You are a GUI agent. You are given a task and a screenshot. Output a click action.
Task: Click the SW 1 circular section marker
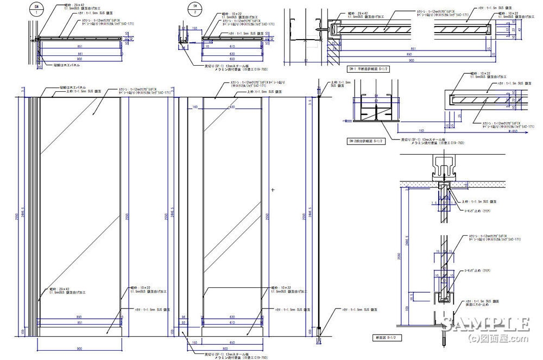click(35, 11)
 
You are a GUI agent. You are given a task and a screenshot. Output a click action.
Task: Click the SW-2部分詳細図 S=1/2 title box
click(368, 142)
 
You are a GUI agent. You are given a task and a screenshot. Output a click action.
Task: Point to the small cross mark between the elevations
click(273, 190)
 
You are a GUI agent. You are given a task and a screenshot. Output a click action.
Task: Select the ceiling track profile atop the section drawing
click(443, 166)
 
